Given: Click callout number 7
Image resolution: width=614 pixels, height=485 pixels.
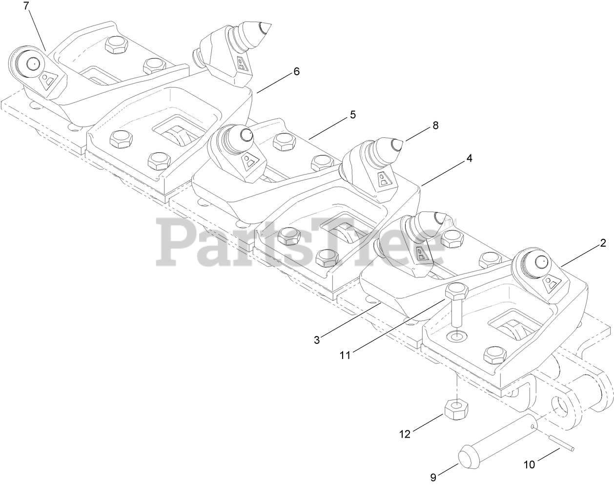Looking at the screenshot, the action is (x=26, y=6).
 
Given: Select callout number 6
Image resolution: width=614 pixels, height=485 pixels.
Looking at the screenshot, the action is (x=296, y=71).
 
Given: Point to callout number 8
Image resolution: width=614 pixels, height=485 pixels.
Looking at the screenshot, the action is (x=435, y=126).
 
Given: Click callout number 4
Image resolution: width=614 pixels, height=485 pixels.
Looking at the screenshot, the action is (x=469, y=158).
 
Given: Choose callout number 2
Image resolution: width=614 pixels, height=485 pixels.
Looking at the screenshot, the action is (x=603, y=243).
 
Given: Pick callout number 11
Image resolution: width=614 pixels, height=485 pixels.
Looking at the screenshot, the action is (x=345, y=356).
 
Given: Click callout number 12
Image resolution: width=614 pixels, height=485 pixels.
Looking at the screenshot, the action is (x=405, y=433).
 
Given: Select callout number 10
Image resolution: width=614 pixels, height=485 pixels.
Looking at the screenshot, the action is (x=530, y=465).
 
